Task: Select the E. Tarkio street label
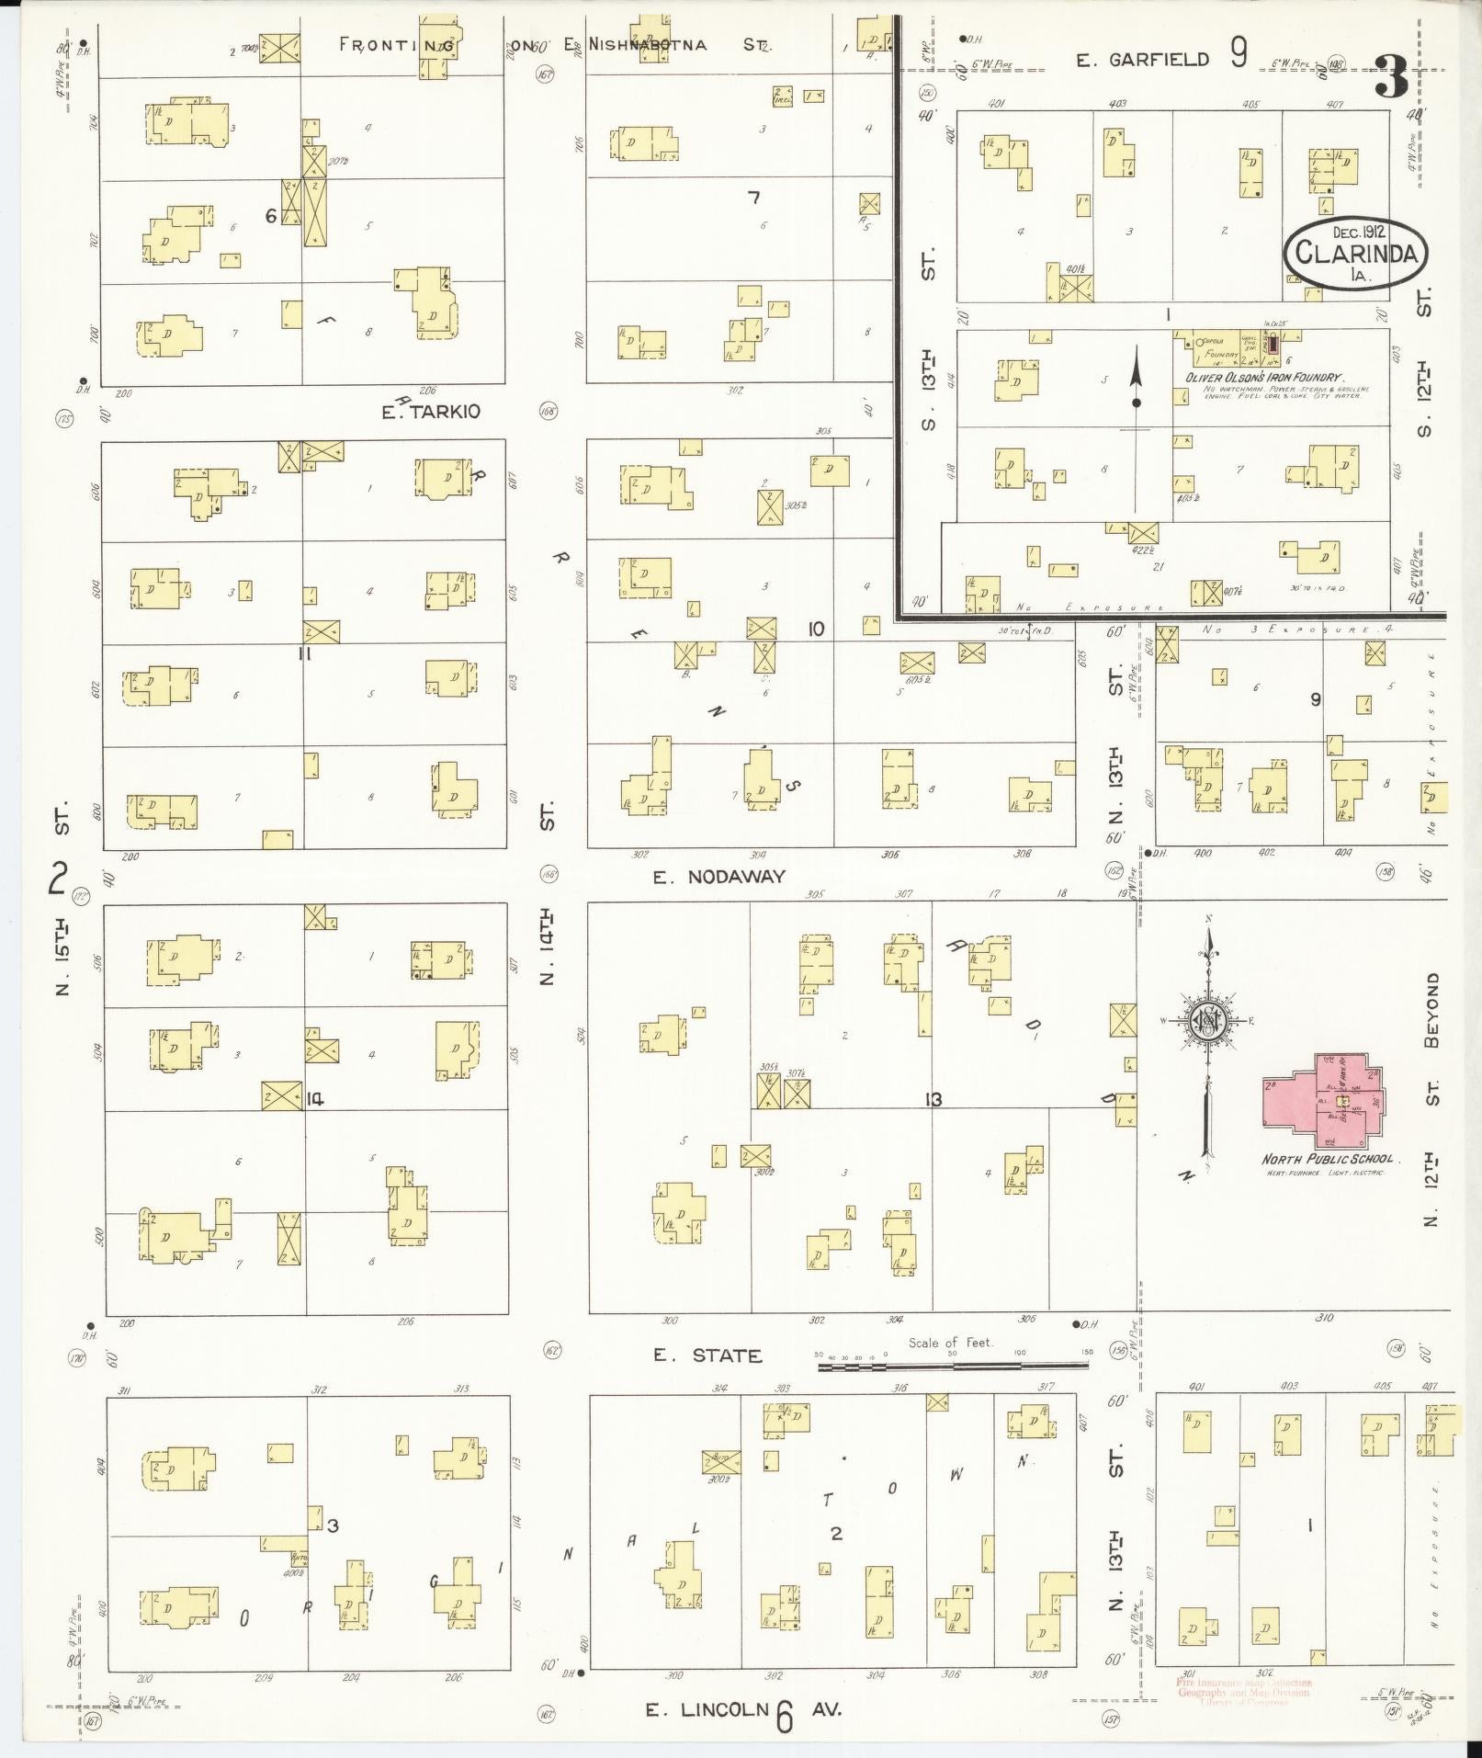tap(430, 412)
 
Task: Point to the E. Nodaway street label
tap(719, 877)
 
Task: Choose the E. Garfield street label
tap(1144, 61)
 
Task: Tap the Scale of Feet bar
tap(952, 1367)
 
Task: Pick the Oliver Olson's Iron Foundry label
tap(1265, 378)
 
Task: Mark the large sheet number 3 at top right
tap(1391, 77)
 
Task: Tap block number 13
tap(933, 1099)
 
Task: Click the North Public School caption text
tap(1327, 1160)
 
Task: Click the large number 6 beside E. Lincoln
tap(784, 1715)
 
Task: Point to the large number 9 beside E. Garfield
tap(1239, 57)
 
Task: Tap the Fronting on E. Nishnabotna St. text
tap(556, 44)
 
